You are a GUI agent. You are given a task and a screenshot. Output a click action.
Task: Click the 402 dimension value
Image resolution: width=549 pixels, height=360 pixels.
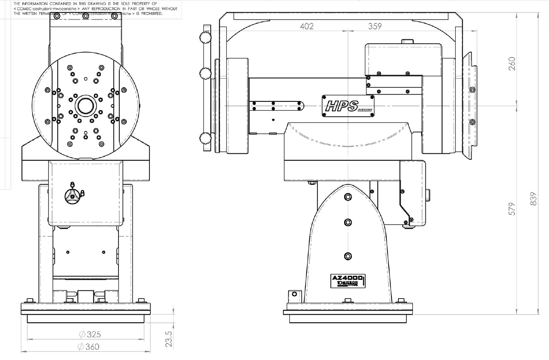tap(307, 26)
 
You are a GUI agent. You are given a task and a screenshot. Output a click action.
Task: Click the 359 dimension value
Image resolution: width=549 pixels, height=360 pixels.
tap(375, 26)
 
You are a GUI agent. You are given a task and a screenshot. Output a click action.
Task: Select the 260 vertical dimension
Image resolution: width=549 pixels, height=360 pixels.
tap(512, 64)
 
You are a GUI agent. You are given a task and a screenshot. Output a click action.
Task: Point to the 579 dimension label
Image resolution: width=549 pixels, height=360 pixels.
tap(512, 209)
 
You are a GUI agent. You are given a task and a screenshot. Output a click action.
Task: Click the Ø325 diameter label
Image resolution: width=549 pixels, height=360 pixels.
tap(90, 334)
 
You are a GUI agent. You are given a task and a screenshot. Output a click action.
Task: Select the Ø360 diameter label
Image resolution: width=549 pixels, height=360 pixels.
tap(89, 346)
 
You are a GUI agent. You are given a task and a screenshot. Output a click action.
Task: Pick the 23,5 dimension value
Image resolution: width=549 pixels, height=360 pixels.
tap(169, 338)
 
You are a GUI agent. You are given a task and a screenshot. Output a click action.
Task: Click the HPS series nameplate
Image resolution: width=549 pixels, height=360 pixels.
tap(348, 106)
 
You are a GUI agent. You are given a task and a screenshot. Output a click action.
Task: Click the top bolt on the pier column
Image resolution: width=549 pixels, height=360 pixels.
tap(348, 196)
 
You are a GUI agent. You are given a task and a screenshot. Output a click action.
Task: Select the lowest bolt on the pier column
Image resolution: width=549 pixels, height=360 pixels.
tap(348, 256)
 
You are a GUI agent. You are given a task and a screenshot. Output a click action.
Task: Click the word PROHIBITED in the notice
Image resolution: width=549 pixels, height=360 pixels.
tap(151, 14)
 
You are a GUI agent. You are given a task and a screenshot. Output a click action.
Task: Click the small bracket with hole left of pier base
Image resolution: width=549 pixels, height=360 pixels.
tap(294, 295)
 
